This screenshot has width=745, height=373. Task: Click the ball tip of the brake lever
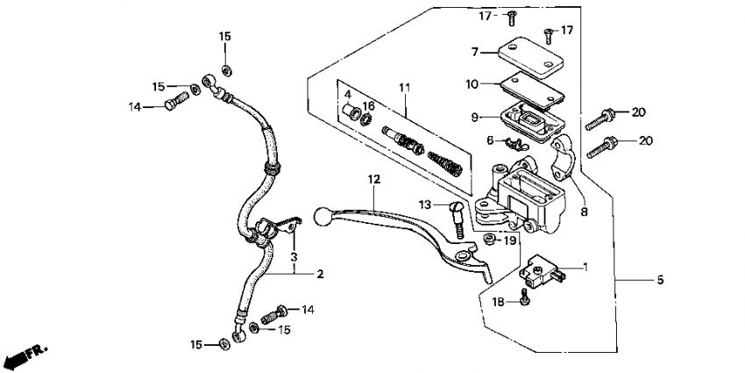click(322, 217)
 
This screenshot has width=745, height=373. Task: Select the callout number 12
click(374, 180)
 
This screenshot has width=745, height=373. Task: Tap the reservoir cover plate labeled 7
click(531, 57)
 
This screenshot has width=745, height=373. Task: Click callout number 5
click(660, 280)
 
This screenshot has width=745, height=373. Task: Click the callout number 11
click(404, 88)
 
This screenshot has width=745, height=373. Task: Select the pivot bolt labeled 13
click(457, 219)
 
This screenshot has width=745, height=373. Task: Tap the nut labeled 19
click(488, 239)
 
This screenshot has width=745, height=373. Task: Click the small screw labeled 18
click(524, 297)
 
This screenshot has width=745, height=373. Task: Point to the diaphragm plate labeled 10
click(533, 91)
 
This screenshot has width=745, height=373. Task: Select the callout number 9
click(475, 117)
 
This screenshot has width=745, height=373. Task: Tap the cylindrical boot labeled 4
click(351, 112)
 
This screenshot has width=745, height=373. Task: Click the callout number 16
click(369, 105)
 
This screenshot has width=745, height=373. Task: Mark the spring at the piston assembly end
click(444, 163)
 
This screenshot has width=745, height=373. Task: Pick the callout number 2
click(320, 274)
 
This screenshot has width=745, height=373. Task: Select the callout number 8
click(584, 212)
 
